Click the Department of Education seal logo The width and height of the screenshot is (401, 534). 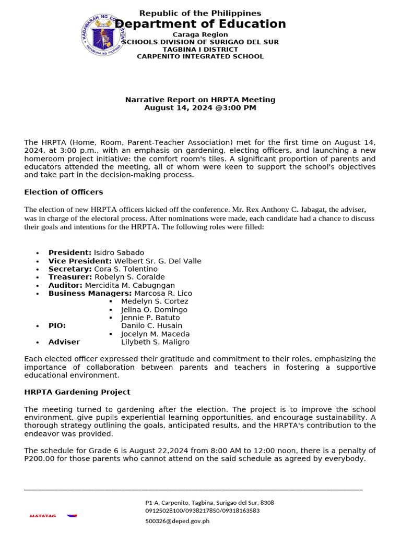pyautogui.click(x=104, y=35)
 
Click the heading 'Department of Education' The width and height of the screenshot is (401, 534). pyautogui.click(x=200, y=24)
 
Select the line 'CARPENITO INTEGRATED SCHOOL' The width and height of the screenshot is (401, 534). pyautogui.click(x=200, y=56)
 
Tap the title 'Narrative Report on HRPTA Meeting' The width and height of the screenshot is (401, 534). pyautogui.click(x=200, y=100)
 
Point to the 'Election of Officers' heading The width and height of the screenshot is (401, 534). pyautogui.click(x=64, y=192)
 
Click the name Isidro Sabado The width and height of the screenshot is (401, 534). pyautogui.click(x=119, y=252)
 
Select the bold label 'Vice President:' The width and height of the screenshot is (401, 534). pyautogui.click(x=80, y=261)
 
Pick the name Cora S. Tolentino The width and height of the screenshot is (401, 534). pyautogui.click(x=125, y=269)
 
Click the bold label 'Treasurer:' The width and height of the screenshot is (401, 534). pyautogui.click(x=70, y=277)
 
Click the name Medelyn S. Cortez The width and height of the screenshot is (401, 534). pyautogui.click(x=155, y=301)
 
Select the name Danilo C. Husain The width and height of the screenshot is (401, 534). pyautogui.click(x=151, y=325)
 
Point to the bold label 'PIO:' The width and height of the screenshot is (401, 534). pyautogui.click(x=57, y=325)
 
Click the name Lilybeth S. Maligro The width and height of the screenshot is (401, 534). pyautogui.click(x=155, y=342)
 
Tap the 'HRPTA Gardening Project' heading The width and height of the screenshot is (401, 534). pyautogui.click(x=77, y=392)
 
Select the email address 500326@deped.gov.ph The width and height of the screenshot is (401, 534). pyautogui.click(x=177, y=520)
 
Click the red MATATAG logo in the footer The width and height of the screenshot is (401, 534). pyautogui.click(x=43, y=516)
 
